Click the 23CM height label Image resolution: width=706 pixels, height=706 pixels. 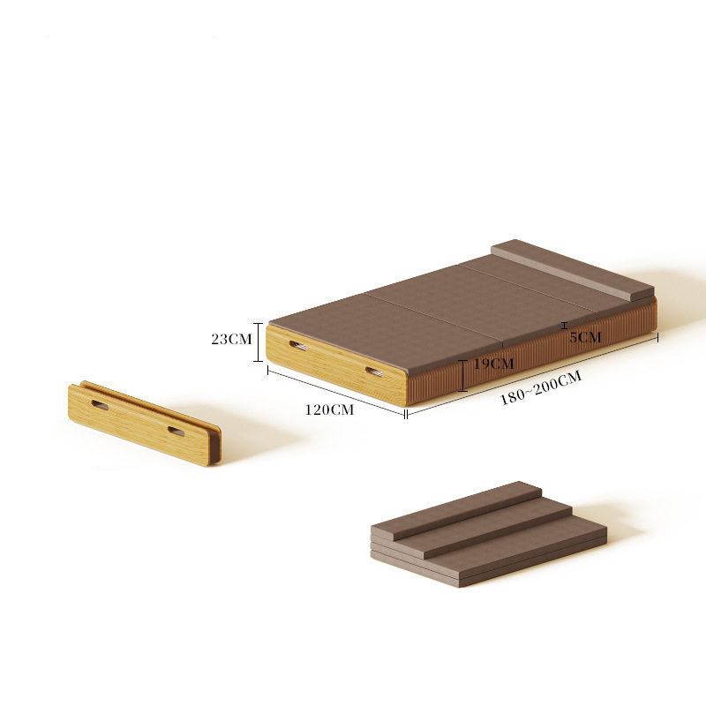pos(231,339)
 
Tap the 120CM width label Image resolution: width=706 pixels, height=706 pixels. pos(329,409)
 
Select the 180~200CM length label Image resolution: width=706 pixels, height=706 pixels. pos(541,387)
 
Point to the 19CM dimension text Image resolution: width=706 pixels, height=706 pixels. pos(493,364)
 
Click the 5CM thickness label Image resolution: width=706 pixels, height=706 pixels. pos(585,337)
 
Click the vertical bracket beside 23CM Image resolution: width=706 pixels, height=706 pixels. pos(258,342)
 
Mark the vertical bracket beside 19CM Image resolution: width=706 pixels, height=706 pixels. pos(462,376)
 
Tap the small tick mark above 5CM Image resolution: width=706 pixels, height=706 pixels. pos(564,326)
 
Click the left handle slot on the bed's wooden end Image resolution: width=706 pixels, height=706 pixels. pos(297,346)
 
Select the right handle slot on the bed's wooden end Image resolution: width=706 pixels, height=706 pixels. pos(374,372)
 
